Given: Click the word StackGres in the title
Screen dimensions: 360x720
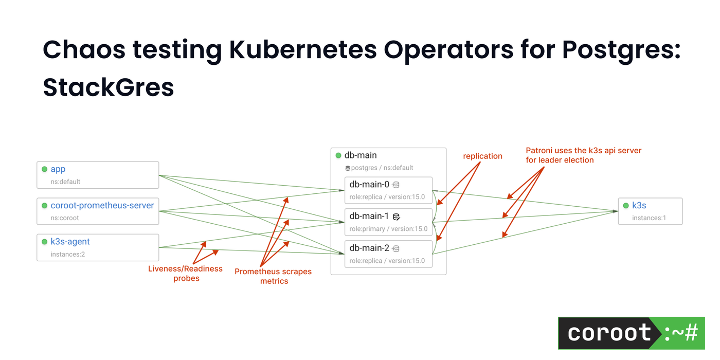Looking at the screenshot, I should (x=109, y=87).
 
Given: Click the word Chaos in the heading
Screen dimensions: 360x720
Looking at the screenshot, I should (x=82, y=50).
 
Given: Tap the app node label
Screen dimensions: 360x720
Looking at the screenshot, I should (x=58, y=169).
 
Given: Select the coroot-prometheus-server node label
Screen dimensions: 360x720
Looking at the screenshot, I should (x=102, y=205).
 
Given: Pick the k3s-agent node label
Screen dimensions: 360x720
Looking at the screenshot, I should (x=70, y=241).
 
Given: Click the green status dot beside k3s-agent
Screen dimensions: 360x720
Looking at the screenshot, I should (x=44, y=242).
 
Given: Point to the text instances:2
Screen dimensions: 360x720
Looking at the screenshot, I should (x=67, y=254).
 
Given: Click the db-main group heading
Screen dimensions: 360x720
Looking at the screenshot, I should (x=361, y=155).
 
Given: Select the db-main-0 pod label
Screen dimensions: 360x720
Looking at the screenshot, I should (x=369, y=185).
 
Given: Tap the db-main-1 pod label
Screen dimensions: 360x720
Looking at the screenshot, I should (x=369, y=217).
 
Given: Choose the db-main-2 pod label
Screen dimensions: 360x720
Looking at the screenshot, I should (x=369, y=248).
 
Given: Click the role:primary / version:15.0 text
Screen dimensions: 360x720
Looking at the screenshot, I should (x=388, y=229).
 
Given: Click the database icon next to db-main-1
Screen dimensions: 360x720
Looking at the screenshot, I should (x=396, y=217).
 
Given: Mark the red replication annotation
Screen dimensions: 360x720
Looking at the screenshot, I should (x=482, y=156).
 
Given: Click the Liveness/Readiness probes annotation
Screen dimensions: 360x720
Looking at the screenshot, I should (x=186, y=273).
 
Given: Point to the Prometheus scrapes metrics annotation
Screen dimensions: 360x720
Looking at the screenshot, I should (x=273, y=276).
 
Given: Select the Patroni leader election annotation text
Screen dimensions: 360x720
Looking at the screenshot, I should (x=583, y=155).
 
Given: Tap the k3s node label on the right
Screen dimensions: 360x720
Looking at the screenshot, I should (x=639, y=205).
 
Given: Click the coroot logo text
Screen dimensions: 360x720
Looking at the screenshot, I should (x=609, y=333).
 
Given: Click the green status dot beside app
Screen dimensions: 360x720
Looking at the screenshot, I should (x=44, y=169).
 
